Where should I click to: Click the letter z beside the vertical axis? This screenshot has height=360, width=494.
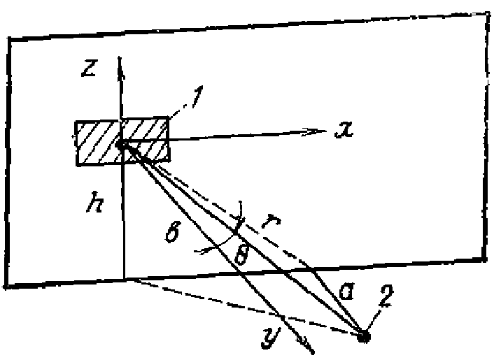[89, 69]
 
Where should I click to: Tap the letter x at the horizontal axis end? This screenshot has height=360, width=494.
[344, 129]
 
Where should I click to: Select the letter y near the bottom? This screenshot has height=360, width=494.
[270, 337]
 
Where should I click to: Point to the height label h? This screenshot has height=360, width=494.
[95, 202]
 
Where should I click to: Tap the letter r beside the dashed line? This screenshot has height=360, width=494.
[271, 221]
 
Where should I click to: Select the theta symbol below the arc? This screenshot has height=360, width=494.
[241, 253]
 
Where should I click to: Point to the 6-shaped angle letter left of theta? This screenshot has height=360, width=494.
[173, 231]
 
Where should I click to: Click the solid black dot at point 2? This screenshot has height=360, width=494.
[363, 336]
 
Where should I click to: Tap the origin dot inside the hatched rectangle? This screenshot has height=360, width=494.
[121, 145]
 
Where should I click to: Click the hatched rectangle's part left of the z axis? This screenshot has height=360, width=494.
[98, 143]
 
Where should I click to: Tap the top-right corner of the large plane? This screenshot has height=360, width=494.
[488, 13]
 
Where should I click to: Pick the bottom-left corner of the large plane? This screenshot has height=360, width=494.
[6, 287]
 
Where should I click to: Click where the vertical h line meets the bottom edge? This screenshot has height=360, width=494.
[125, 279]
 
